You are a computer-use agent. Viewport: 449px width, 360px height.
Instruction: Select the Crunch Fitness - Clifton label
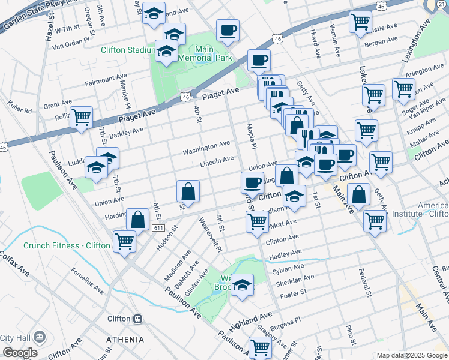click(x=67, y=245)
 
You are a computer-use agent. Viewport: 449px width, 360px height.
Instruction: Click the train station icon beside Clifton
click(x=137, y=319)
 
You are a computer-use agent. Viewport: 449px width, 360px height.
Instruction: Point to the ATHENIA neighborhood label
click(x=125, y=339)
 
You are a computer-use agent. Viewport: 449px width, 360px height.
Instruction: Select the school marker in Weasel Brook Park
click(x=242, y=285)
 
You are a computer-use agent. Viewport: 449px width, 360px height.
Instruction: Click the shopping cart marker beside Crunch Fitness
click(x=125, y=241)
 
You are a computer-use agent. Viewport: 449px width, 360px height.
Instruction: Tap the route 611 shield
click(x=158, y=228)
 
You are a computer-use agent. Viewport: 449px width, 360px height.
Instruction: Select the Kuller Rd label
click(x=20, y=110)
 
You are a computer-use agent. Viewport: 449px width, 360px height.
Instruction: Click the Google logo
click(x=20, y=353)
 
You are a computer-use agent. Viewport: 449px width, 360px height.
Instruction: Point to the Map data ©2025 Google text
click(x=411, y=355)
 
